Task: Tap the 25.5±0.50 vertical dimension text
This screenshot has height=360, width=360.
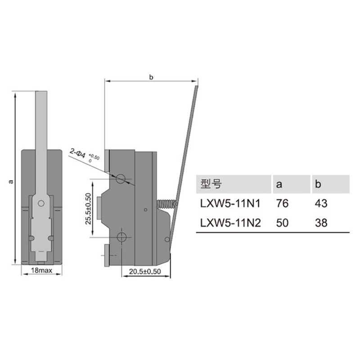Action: click(88, 208)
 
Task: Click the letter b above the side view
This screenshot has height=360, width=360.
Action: click(151, 77)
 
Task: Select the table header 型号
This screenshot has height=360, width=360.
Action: click(209, 184)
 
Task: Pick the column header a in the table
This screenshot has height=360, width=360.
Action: click(279, 184)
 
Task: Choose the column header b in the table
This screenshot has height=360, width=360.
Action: click(318, 184)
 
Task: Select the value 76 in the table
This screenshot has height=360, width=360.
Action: click(282, 203)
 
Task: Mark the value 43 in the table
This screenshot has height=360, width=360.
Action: click(321, 203)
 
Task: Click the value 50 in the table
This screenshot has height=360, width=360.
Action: click(282, 222)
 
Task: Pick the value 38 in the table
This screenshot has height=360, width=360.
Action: click(321, 222)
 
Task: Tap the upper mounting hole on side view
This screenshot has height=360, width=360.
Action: click(121, 179)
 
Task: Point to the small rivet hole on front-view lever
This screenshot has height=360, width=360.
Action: click(41, 203)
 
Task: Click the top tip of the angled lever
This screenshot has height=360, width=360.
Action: click(196, 87)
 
